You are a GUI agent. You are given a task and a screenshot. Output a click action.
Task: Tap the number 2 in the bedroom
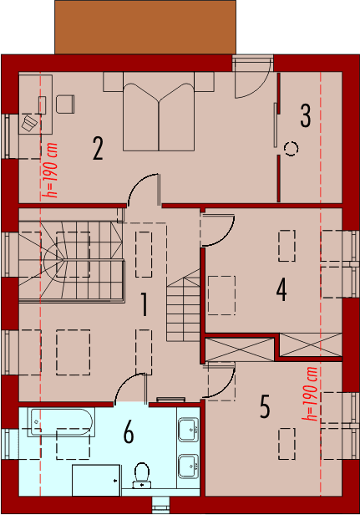(98, 150)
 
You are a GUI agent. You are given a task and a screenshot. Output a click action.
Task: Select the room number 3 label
(306, 115)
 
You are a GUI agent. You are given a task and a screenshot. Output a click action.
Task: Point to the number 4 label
(281, 290)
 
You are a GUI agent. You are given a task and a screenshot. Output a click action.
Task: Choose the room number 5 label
(265, 407)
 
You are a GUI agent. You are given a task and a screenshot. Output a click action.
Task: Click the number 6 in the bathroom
(129, 432)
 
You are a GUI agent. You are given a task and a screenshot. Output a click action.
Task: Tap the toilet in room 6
(142, 474)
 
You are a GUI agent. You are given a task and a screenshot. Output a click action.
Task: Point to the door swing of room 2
(144, 189)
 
